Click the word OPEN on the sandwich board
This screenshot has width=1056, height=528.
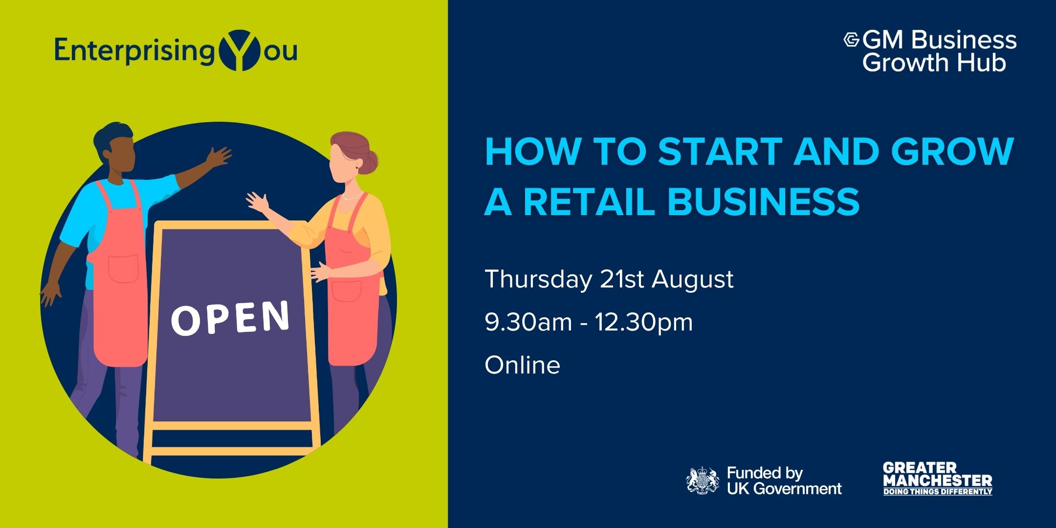tap(230, 317)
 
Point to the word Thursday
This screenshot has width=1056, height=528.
tap(538, 280)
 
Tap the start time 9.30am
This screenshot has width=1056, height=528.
tap(528, 322)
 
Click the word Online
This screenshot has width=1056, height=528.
tap(522, 365)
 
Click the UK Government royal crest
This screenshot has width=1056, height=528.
tap(703, 481)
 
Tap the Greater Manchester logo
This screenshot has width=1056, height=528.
tap(937, 479)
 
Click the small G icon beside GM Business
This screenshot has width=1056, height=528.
tap(852, 40)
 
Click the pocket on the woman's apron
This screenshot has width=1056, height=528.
tap(347, 291)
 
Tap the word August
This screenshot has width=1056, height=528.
tap(692, 280)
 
